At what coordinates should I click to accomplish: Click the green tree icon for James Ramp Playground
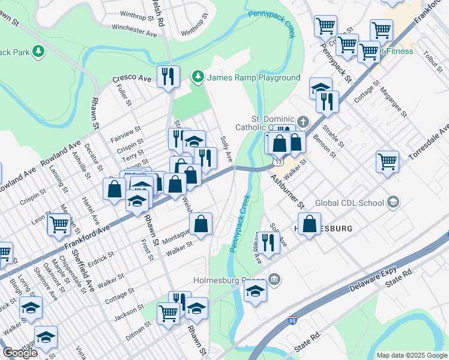(x=197, y=77)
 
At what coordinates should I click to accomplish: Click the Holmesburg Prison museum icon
(x=274, y=279)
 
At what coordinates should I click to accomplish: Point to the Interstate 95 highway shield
(x=293, y=322)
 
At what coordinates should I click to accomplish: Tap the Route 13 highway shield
(x=277, y=161)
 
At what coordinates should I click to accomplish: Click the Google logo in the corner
(x=20, y=353)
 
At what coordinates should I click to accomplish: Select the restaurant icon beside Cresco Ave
(x=168, y=76)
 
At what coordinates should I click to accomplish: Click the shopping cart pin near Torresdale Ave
(x=387, y=161)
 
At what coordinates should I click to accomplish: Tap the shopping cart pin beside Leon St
(x=59, y=224)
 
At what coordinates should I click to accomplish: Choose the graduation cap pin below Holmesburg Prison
(x=256, y=293)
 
